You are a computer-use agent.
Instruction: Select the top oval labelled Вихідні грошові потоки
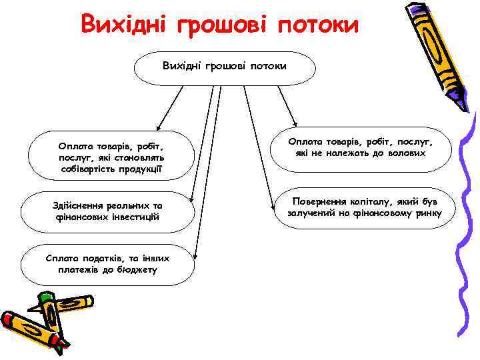click(x=225, y=66)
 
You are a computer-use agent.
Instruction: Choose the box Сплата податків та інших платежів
click(x=107, y=264)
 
